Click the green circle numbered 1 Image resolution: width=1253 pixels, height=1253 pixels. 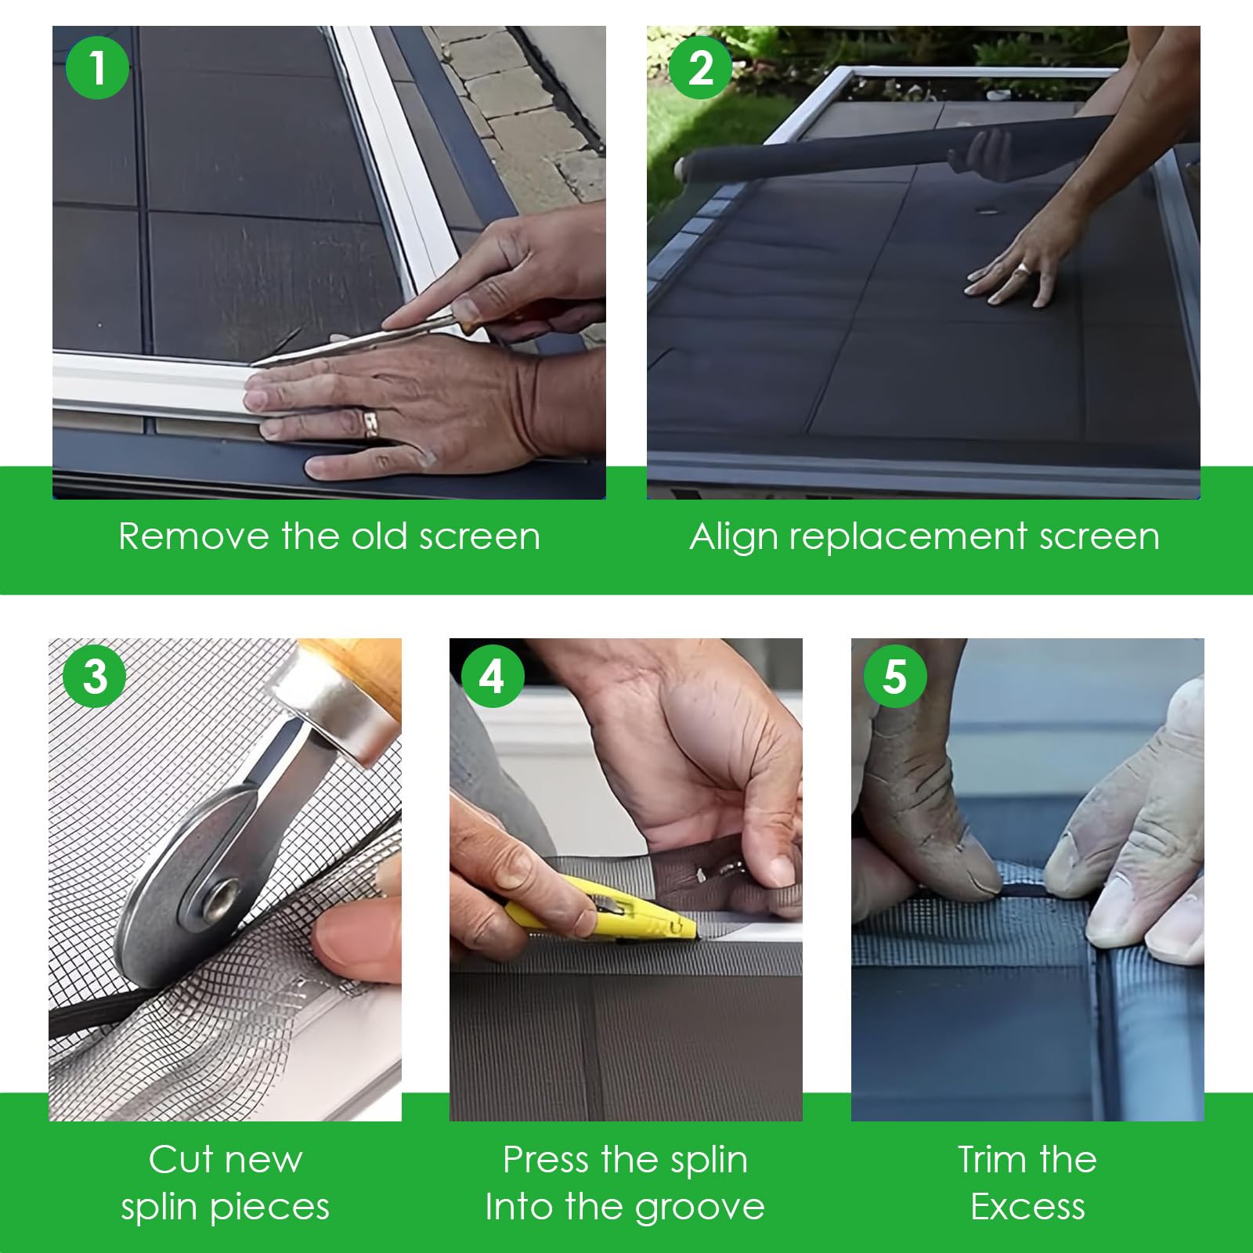click(x=97, y=67)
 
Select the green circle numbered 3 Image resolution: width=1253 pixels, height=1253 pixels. click(x=95, y=675)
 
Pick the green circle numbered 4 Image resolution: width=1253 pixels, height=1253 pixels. click(x=492, y=675)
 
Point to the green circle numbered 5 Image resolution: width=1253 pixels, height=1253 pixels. click(x=895, y=675)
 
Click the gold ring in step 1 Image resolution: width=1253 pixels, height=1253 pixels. click(x=370, y=423)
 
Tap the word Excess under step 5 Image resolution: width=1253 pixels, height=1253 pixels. click(x=1027, y=1207)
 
